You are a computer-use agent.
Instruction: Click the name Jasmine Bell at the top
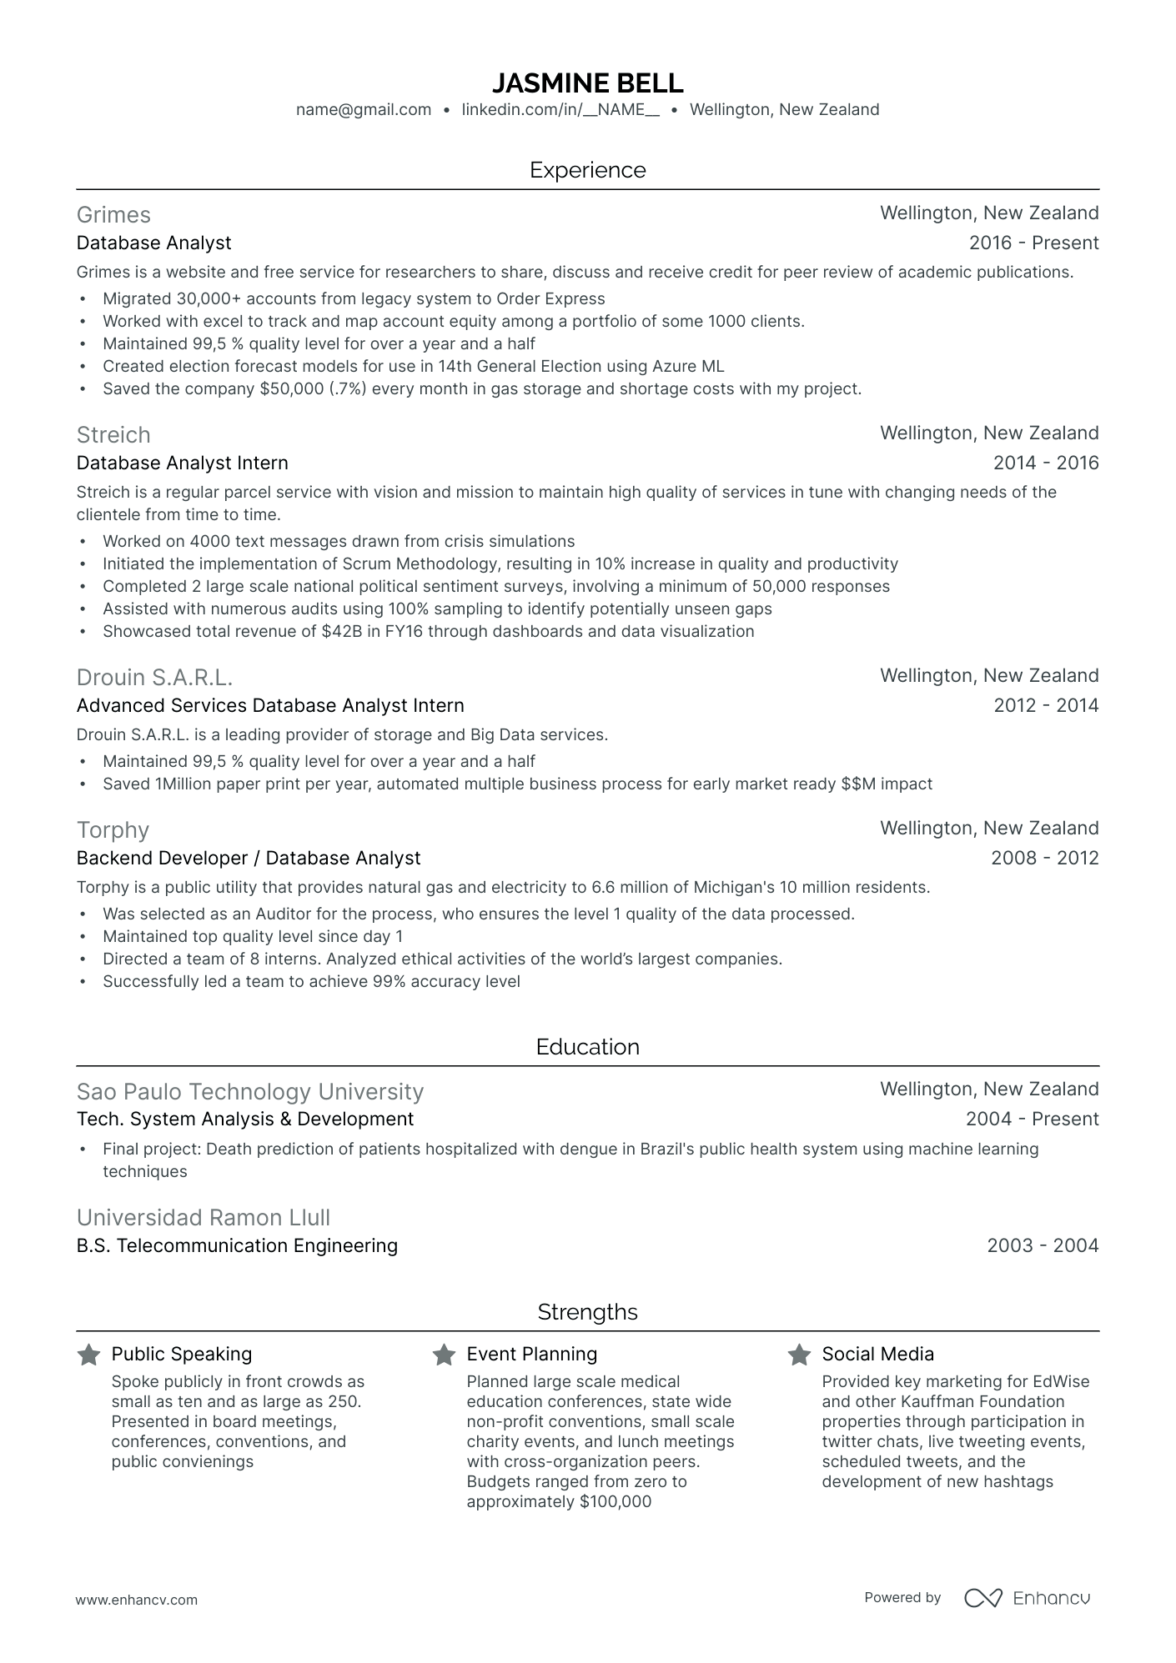click(x=587, y=83)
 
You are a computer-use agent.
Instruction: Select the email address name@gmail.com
click(x=364, y=109)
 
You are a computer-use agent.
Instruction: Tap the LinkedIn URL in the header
click(x=560, y=109)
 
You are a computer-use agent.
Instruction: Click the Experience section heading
click(x=587, y=170)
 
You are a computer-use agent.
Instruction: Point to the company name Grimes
click(x=113, y=215)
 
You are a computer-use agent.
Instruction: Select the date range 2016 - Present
click(x=1033, y=243)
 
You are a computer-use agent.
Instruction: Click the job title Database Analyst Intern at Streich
click(x=182, y=463)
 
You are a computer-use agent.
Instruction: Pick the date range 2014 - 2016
click(x=1046, y=463)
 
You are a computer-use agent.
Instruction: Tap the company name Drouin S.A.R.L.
click(x=154, y=677)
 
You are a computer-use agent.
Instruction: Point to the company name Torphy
click(x=113, y=830)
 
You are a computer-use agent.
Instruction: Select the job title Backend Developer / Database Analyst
click(x=248, y=859)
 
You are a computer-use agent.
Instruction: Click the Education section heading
click(x=587, y=1048)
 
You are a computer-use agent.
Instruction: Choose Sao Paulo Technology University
click(x=249, y=1092)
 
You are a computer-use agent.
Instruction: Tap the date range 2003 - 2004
click(x=1043, y=1246)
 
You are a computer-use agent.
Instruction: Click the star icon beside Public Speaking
click(x=88, y=1355)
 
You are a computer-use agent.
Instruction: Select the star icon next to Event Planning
click(x=444, y=1355)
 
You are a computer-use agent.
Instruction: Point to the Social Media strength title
click(x=877, y=1355)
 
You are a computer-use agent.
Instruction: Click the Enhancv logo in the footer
click(x=1028, y=1598)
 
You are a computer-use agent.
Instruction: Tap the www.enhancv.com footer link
click(x=137, y=1600)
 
